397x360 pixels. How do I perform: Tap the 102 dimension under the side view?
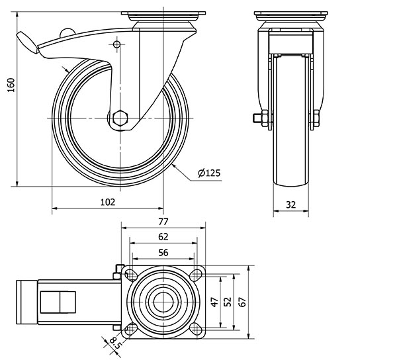point(108,202)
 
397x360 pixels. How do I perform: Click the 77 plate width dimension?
point(163,222)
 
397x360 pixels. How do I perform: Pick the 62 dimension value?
point(163,236)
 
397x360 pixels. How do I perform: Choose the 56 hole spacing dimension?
point(163,251)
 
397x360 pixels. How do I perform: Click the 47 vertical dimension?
point(215,302)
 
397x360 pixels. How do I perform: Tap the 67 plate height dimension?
point(243,302)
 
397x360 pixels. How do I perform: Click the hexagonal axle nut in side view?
point(119,118)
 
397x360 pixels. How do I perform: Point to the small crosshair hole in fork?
point(117,45)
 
